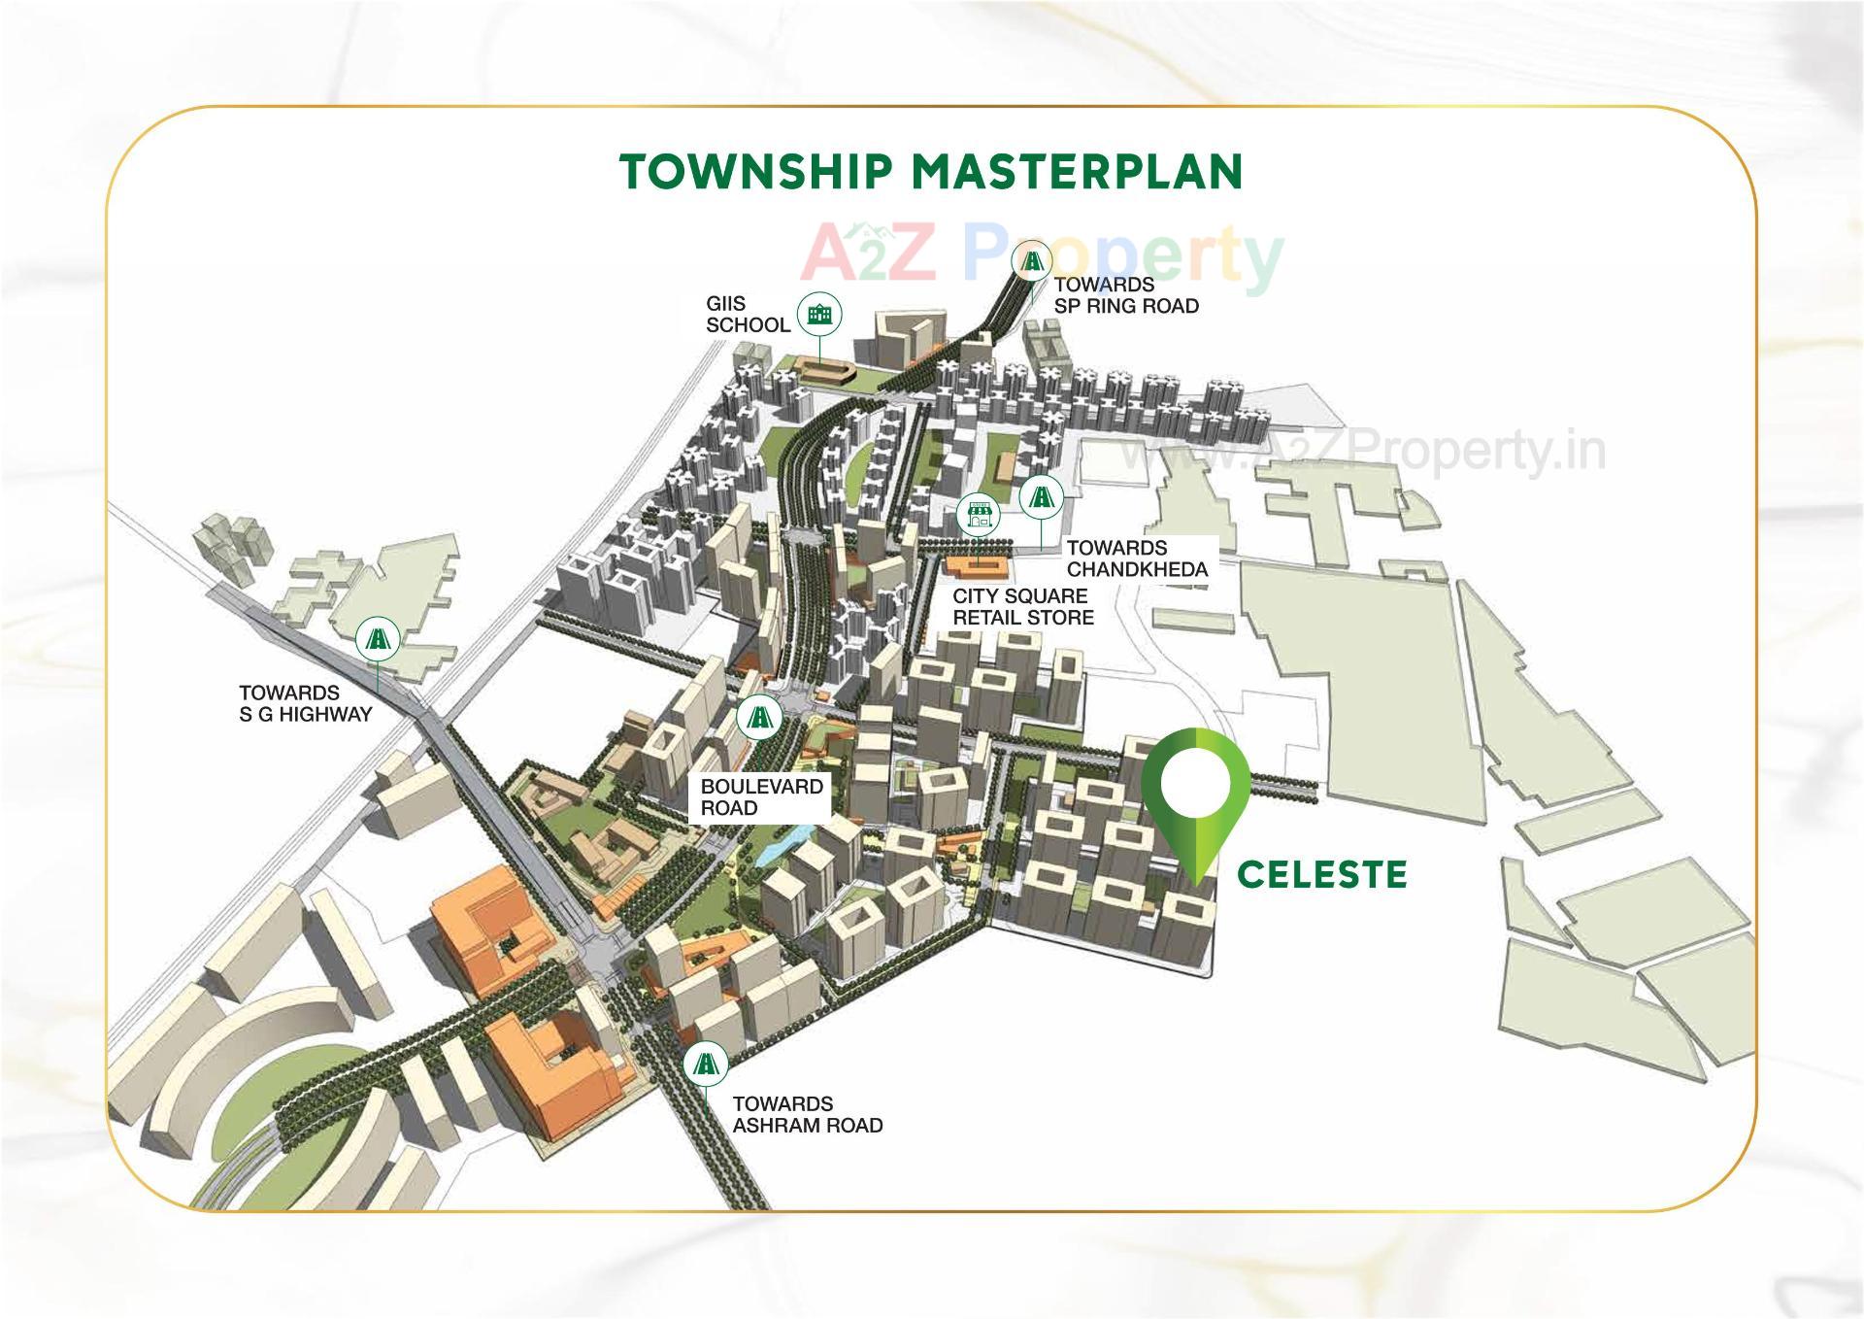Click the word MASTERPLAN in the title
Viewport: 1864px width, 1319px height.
[1077, 172]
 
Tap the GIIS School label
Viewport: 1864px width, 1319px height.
[748, 315]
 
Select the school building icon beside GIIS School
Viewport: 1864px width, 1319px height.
[819, 314]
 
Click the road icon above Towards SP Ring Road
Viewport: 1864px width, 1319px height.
[1031, 261]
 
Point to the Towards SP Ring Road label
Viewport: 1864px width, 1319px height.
[1126, 295]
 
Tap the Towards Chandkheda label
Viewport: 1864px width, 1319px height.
[1137, 558]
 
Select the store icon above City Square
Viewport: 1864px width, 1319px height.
[979, 516]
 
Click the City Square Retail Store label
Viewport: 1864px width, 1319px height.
[1022, 607]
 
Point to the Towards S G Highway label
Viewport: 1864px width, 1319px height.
[305, 704]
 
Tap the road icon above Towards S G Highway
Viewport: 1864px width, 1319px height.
[377, 638]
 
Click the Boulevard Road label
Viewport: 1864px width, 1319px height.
[761, 797]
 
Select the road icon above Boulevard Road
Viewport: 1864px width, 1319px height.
[758, 719]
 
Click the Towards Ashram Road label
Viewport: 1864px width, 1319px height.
[807, 1115]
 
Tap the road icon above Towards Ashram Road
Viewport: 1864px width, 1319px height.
[705, 1065]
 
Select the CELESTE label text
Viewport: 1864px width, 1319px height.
[1321, 874]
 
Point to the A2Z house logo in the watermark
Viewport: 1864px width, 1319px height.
[854, 234]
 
